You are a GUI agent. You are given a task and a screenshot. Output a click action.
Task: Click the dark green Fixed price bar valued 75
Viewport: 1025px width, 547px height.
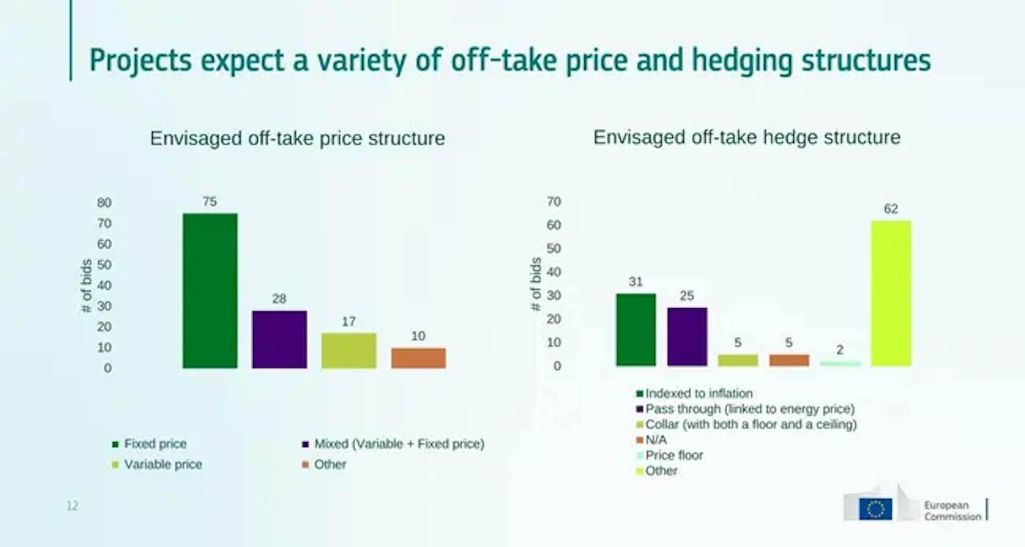(x=210, y=290)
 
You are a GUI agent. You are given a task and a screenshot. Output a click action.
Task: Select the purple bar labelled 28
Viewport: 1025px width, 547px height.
(x=279, y=339)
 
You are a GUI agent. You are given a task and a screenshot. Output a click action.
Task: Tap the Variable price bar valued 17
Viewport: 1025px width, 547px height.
(x=349, y=350)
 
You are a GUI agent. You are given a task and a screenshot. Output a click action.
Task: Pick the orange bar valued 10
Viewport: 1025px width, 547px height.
(x=418, y=358)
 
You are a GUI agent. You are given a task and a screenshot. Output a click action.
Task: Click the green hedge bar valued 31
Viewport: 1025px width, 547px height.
(x=636, y=329)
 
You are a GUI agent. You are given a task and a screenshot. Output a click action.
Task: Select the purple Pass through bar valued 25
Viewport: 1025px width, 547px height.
(x=687, y=336)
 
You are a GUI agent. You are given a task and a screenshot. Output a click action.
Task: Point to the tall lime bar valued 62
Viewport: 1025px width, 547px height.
(x=891, y=293)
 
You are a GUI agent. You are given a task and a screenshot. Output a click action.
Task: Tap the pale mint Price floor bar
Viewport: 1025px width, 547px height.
(x=840, y=363)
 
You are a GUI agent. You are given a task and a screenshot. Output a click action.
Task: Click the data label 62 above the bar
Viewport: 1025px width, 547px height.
(x=891, y=209)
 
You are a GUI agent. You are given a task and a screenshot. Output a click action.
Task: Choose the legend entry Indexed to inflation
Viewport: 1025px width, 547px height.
(x=694, y=393)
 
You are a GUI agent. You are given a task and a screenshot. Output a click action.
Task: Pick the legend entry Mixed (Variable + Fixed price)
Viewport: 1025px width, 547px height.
(x=393, y=444)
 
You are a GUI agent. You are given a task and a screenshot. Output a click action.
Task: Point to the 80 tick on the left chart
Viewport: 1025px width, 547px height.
(x=104, y=203)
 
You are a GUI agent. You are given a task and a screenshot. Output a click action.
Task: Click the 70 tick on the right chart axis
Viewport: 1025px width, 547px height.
(x=553, y=202)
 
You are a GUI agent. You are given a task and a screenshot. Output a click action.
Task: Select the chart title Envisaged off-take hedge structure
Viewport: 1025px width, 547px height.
(x=747, y=137)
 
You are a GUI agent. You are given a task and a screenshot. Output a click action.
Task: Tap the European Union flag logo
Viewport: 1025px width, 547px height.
(x=875, y=509)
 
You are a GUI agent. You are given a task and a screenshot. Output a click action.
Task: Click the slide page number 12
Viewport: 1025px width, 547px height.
(x=72, y=506)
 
